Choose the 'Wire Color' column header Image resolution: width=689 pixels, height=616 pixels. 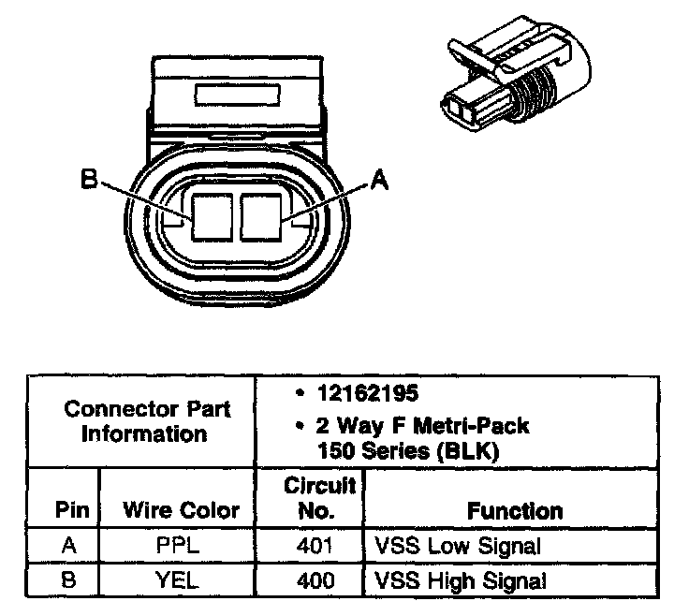(x=181, y=510)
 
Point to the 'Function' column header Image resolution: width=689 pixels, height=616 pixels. (x=514, y=510)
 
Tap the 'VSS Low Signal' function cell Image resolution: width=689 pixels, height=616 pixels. (x=457, y=546)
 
